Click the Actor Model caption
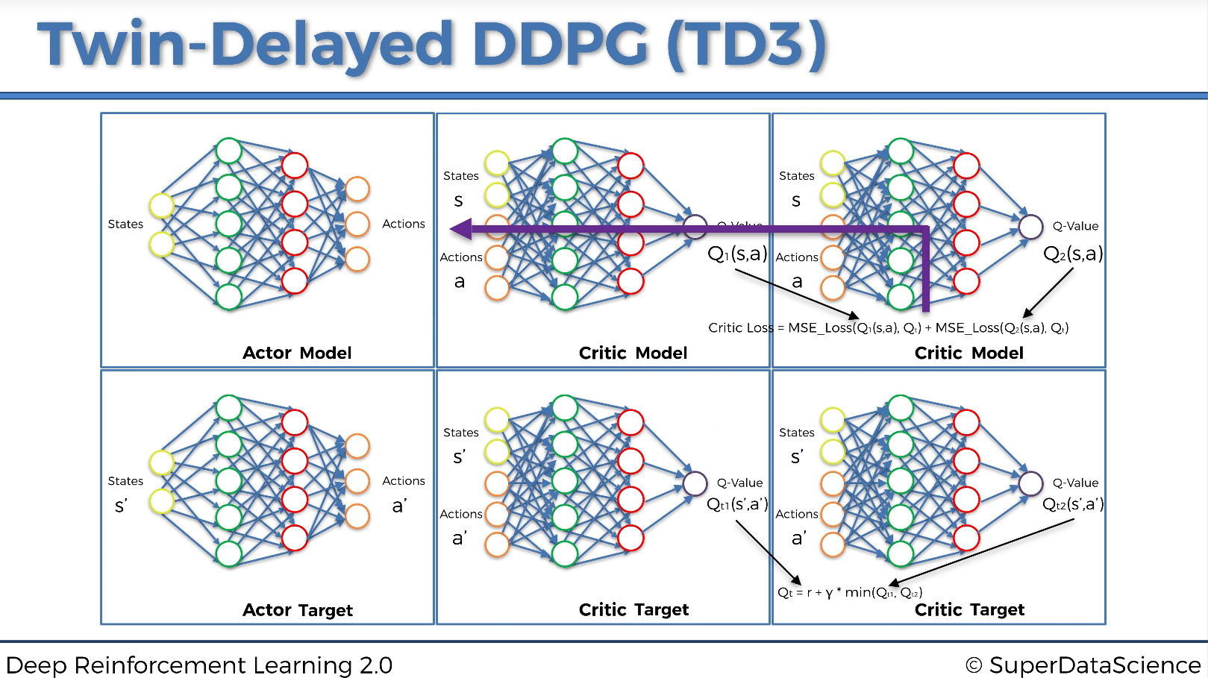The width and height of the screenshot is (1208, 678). point(297,353)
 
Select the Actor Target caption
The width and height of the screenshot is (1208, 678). point(297,610)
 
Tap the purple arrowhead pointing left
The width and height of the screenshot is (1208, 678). point(461,229)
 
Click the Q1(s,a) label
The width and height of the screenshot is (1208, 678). point(737,254)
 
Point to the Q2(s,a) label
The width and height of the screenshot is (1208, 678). point(1073,254)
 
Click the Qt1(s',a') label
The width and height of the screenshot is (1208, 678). point(737,505)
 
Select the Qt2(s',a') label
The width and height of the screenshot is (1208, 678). point(1073,505)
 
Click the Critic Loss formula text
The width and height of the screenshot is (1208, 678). point(888,327)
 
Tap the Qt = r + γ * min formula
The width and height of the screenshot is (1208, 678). point(850,592)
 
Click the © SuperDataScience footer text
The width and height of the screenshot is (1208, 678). point(1083,665)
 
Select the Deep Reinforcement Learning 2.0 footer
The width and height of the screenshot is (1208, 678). point(199,665)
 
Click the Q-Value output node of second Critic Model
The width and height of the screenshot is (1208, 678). point(1030,227)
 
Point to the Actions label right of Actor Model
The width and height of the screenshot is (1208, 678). point(404,224)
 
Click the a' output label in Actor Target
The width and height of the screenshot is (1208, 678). point(399,506)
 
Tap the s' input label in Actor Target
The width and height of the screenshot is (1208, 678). point(121,506)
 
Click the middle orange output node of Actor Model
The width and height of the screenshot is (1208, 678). point(357,224)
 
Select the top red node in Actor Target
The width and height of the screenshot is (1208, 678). point(295,422)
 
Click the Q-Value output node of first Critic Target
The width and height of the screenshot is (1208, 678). point(695,483)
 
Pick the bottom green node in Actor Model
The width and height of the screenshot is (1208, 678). point(229,297)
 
